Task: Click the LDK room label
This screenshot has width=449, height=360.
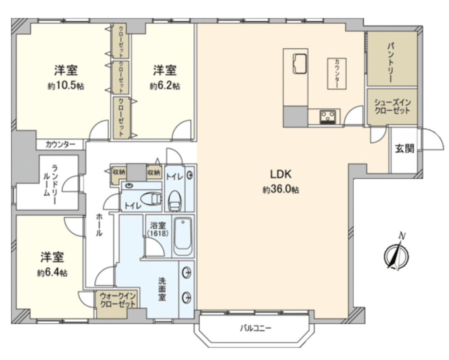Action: pyautogui.click(x=281, y=174)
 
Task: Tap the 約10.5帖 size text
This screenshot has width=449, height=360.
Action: pyautogui.click(x=66, y=86)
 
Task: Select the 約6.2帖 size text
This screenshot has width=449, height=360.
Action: pyautogui.click(x=165, y=86)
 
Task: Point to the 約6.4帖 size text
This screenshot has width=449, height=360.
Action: pyautogui.click(x=52, y=273)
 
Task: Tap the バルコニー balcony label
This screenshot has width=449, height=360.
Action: pyautogui.click(x=256, y=328)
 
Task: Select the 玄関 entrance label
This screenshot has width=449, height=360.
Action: pyautogui.click(x=404, y=148)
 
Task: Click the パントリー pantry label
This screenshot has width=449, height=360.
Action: pyautogui.click(x=391, y=62)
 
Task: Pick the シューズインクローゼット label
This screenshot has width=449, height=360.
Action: pyautogui.click(x=392, y=106)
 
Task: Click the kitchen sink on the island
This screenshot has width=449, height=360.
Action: pyautogui.click(x=300, y=64)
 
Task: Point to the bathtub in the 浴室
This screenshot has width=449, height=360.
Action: pyautogui.click(x=183, y=237)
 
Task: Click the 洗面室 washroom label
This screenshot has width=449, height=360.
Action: pyautogui.click(x=162, y=289)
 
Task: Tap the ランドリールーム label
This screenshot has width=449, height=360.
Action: pyautogui.click(x=50, y=185)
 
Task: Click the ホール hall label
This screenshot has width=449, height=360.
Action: pyautogui.click(x=99, y=225)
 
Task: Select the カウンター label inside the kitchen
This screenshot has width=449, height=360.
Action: pyautogui.click(x=337, y=73)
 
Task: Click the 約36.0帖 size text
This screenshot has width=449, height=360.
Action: pyautogui.click(x=281, y=189)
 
